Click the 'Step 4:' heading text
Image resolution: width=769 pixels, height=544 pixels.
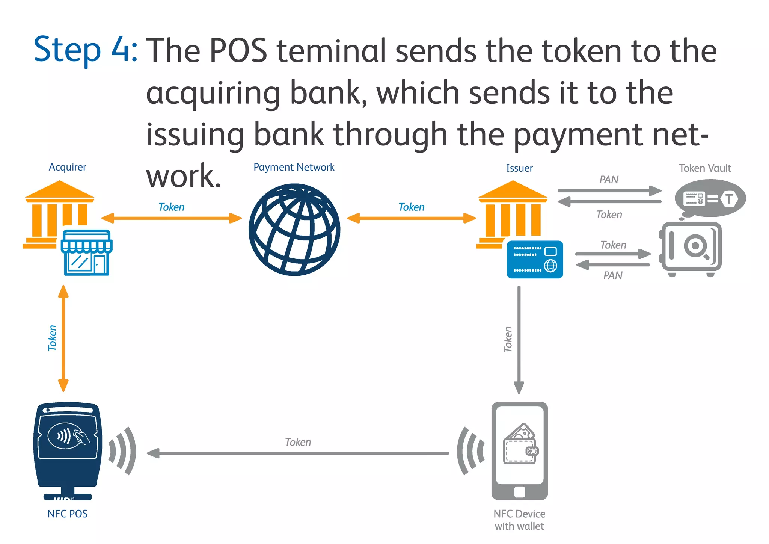pyautogui.click(x=86, y=50)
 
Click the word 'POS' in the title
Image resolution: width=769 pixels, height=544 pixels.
pyautogui.click(x=238, y=51)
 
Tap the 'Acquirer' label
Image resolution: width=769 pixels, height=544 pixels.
pyautogui.click(x=67, y=167)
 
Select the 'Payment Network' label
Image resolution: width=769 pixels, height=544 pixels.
pyautogui.click(x=294, y=167)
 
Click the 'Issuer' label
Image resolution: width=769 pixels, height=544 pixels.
pyautogui.click(x=519, y=168)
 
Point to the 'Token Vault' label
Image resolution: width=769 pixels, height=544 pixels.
pyautogui.click(x=704, y=168)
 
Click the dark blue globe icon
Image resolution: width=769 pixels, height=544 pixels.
pyautogui.click(x=294, y=230)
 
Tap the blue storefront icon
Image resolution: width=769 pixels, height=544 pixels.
pyautogui.click(x=87, y=253)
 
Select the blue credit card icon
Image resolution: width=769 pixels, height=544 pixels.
pyautogui.click(x=535, y=260)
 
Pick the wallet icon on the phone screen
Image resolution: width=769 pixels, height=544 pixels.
pyautogui.click(x=520, y=445)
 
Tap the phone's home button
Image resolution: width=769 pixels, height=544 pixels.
pyautogui.click(x=520, y=492)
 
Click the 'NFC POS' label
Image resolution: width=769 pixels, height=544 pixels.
pyautogui.click(x=67, y=514)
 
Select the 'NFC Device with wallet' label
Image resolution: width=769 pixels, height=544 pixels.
pyautogui.click(x=519, y=520)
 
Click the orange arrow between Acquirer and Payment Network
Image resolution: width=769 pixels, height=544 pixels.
pyautogui.click(x=172, y=218)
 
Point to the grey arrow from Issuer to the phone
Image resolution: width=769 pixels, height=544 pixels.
pyautogui.click(x=519, y=338)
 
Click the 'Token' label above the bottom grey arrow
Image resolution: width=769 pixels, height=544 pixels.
pyautogui.click(x=298, y=442)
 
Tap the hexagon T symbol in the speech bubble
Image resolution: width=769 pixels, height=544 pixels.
pyautogui.click(x=729, y=198)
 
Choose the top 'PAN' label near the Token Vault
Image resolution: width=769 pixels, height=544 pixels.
pyautogui.click(x=609, y=180)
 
